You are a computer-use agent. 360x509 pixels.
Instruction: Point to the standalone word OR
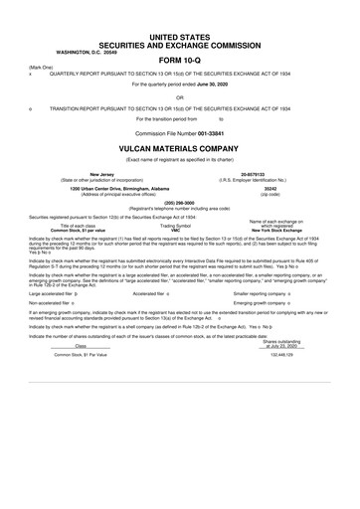[180, 96]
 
